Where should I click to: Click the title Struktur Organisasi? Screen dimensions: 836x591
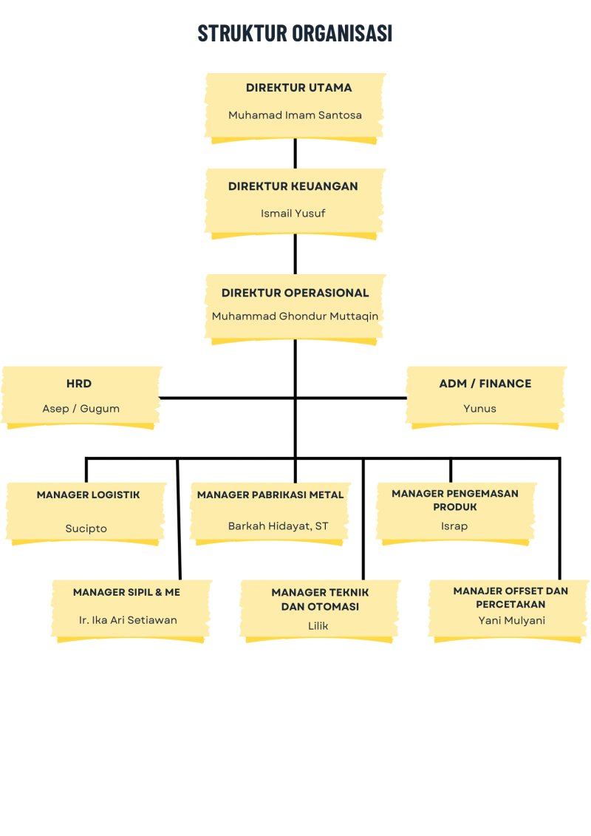coord(295,33)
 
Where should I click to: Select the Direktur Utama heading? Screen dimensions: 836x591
coord(298,87)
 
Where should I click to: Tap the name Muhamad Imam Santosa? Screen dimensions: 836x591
coord(295,115)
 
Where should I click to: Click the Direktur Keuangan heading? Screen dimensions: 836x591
coord(293,186)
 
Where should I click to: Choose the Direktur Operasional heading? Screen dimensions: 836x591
coord(295,293)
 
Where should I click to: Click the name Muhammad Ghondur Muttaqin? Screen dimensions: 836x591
coord(295,316)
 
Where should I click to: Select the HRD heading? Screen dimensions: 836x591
coord(79,384)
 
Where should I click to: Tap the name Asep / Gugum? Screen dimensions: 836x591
coord(81,409)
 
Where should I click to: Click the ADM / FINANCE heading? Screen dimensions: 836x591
coord(485,384)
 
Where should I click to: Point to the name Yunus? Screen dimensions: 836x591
coord(479,409)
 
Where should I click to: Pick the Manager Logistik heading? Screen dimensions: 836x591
coord(88,495)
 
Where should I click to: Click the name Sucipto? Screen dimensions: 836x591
coord(86,529)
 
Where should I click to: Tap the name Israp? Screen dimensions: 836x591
coord(454,526)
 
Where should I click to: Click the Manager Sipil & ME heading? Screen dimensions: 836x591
coord(126,592)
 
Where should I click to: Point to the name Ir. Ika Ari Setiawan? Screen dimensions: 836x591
coord(128,620)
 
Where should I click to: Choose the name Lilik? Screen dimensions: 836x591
coord(318,626)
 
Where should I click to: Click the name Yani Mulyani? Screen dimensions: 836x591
coord(511,620)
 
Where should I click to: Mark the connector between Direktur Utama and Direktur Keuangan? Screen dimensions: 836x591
coord(295,154)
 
